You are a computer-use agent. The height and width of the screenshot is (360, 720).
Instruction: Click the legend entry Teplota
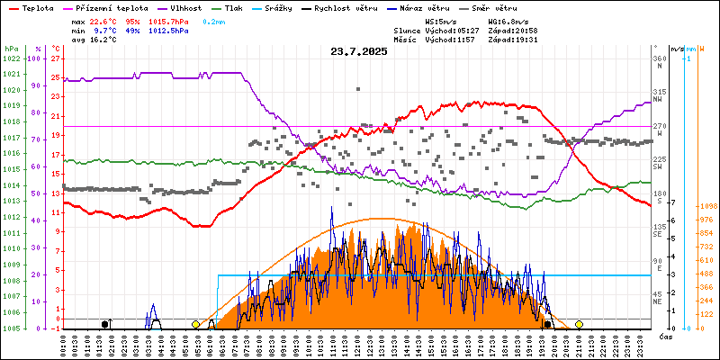(x=37, y=7)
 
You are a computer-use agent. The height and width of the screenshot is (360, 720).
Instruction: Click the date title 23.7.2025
(x=359, y=52)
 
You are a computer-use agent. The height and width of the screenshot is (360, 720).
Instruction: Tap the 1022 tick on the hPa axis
(x=11, y=59)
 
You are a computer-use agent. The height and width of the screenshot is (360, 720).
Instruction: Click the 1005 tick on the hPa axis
(x=11, y=328)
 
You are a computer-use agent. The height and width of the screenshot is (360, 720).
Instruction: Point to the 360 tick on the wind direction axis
(x=659, y=59)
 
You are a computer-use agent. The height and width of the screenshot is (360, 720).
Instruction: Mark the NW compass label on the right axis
(x=658, y=99)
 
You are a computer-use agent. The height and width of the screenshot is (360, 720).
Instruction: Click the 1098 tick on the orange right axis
(x=706, y=207)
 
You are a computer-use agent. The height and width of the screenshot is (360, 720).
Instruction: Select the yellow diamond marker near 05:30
(x=196, y=324)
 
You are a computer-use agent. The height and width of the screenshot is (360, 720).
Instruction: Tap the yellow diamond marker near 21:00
(x=579, y=324)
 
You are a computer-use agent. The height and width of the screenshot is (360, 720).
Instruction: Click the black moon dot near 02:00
(x=105, y=324)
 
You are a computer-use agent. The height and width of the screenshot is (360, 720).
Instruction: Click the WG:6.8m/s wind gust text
(x=508, y=20)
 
